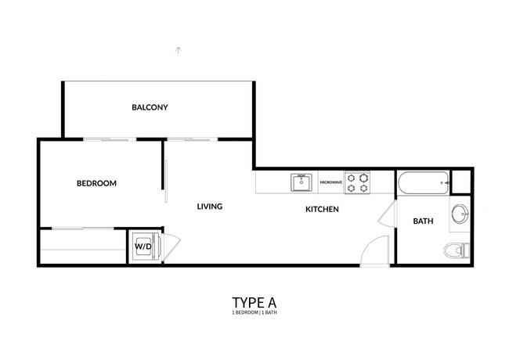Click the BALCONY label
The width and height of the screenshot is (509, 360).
(x=150, y=107)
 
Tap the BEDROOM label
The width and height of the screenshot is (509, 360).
(x=96, y=184)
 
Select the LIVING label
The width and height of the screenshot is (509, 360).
(x=210, y=207)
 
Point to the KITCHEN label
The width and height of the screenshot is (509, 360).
(x=321, y=209)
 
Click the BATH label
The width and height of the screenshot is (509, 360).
(x=423, y=221)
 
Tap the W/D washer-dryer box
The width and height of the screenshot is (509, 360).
(x=144, y=247)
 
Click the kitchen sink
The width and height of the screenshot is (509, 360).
(x=301, y=182)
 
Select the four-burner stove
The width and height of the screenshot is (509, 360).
(x=358, y=182)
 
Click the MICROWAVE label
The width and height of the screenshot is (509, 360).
(x=330, y=182)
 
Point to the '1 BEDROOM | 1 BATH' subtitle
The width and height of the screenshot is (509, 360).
(x=254, y=313)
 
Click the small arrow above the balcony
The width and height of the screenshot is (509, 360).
(x=179, y=50)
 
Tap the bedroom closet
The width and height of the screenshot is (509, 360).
(x=82, y=247)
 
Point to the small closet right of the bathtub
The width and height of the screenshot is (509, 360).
(x=462, y=181)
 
